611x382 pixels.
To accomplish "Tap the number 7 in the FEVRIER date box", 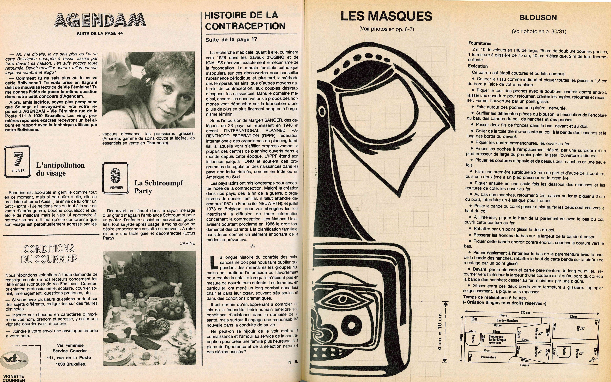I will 18,160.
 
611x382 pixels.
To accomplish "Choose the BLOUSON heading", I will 538,18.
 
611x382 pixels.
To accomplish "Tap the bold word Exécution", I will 478,66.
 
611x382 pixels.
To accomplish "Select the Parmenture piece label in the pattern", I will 488,357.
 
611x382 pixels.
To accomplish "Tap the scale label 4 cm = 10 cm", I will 440,332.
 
